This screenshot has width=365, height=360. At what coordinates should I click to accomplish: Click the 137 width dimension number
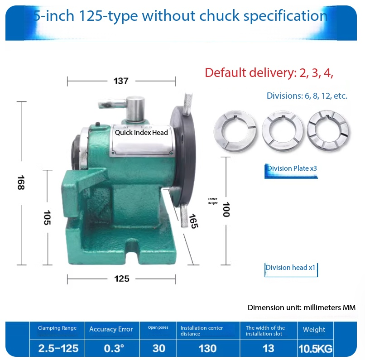(121, 82)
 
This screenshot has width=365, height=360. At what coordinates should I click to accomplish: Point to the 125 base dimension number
(121, 278)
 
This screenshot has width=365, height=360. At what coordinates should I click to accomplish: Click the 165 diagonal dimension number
(192, 221)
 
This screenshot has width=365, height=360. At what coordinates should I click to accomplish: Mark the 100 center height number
(226, 209)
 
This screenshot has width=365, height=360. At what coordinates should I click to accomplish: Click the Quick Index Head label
(141, 133)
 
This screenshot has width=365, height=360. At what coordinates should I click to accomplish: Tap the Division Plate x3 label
(292, 168)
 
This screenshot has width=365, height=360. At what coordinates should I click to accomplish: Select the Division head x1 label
(290, 268)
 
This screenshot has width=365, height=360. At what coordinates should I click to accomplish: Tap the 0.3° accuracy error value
(111, 349)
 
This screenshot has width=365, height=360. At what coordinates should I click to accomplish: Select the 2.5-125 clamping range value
(58, 349)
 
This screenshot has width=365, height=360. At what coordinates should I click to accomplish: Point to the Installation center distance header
(202, 331)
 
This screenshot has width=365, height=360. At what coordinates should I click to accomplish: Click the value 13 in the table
(269, 349)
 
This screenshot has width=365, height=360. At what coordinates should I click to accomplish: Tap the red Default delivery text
(269, 73)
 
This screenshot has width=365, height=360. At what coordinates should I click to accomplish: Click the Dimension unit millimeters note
(301, 307)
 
